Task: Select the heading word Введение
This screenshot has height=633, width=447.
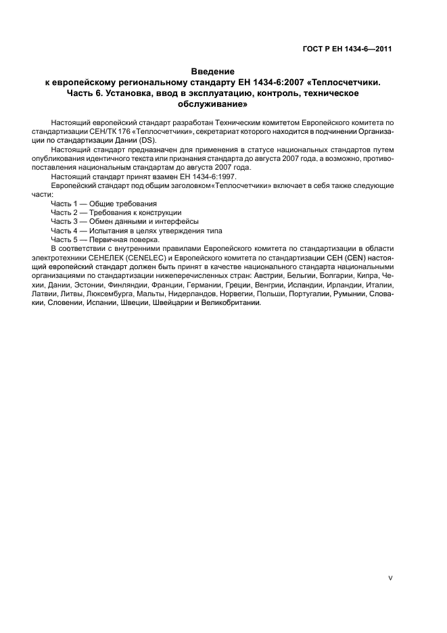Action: pyautogui.click(x=212, y=71)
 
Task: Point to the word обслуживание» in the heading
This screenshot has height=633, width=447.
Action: pyautogui.click(x=212, y=105)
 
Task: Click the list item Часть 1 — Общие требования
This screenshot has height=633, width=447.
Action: pyautogui.click(x=103, y=203)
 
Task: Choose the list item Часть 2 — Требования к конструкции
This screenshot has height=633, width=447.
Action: pyautogui.click(x=116, y=212)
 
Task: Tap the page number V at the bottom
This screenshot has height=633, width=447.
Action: pyautogui.click(x=391, y=578)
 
